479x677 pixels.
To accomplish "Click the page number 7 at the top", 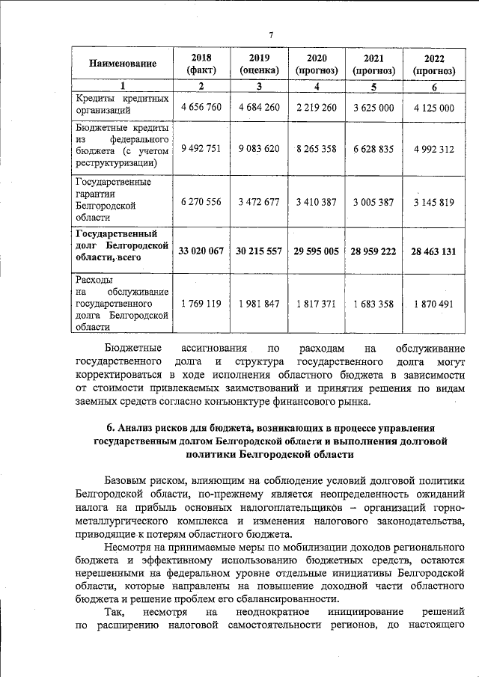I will pos(272,34).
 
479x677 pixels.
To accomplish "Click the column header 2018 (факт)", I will pos(201,64).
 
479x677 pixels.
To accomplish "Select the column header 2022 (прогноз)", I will pos(434,64).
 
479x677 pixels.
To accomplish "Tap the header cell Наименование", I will pos(123,64).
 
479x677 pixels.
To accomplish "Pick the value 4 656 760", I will pos(201,108).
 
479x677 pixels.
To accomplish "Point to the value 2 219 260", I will pos(317,108).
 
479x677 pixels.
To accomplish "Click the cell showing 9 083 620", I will pos(259,148).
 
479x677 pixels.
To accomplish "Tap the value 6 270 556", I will pos(201,201).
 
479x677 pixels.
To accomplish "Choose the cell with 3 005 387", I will pos(373,201).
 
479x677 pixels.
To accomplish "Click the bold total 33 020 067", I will pos(201,251).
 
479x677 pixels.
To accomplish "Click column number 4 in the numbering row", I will pos(317,87).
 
